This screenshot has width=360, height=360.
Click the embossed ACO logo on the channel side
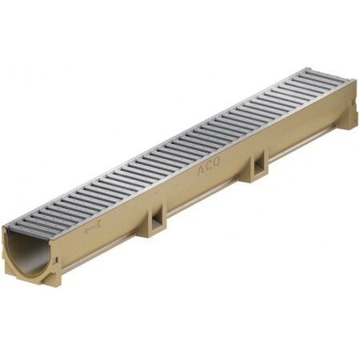[x=209, y=166]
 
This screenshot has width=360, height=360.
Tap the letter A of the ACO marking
[x=201, y=171]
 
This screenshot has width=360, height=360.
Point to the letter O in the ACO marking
[x=217, y=162]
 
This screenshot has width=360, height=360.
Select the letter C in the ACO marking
[x=210, y=166]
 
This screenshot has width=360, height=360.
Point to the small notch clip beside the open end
[x=57, y=259]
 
